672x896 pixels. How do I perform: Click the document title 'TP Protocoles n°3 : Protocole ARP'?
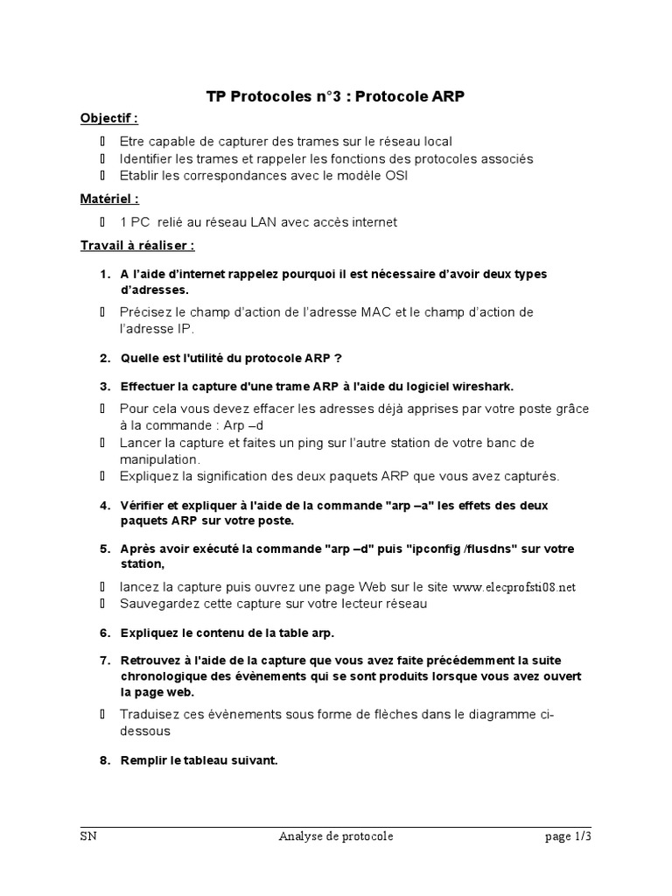(x=335, y=96)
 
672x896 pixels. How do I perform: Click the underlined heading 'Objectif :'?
(x=109, y=118)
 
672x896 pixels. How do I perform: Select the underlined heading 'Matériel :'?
(x=109, y=199)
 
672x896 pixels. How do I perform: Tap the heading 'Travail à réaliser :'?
(x=137, y=246)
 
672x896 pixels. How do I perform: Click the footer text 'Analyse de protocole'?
(x=336, y=836)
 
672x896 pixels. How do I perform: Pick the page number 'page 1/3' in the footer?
(x=568, y=836)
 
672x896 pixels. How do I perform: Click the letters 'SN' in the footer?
(x=87, y=836)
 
